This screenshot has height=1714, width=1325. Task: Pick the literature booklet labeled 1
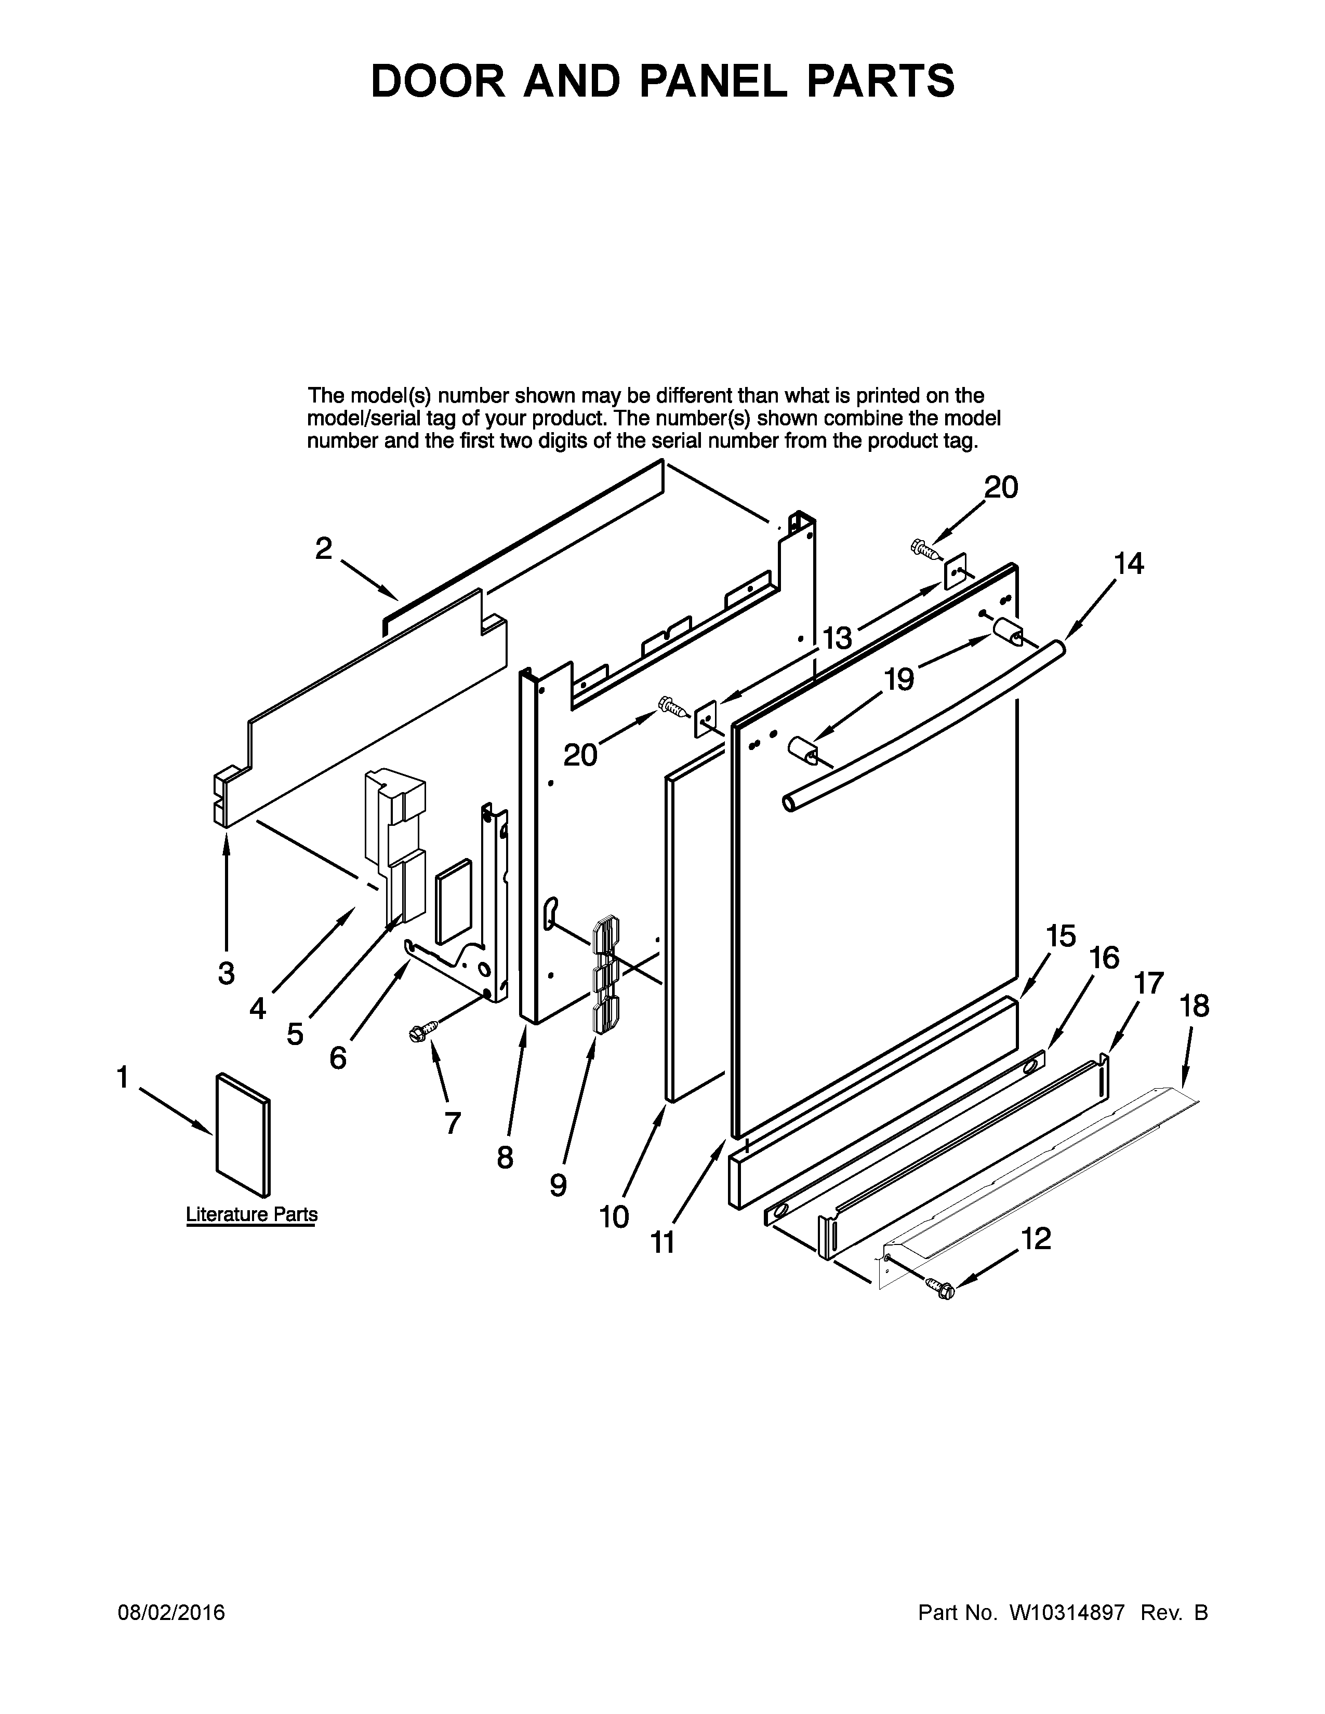[243, 1135]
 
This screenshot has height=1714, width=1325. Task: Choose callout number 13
[837, 638]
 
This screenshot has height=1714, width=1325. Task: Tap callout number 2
[323, 548]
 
